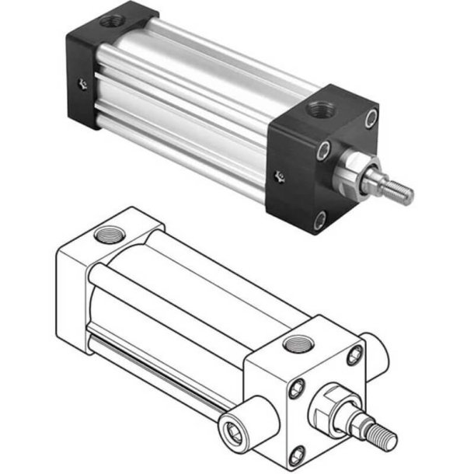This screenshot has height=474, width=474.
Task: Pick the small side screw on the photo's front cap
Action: [x=281, y=178]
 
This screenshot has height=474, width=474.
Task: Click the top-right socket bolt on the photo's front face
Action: [x=372, y=118]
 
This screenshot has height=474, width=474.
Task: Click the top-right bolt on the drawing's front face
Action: [x=355, y=355]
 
